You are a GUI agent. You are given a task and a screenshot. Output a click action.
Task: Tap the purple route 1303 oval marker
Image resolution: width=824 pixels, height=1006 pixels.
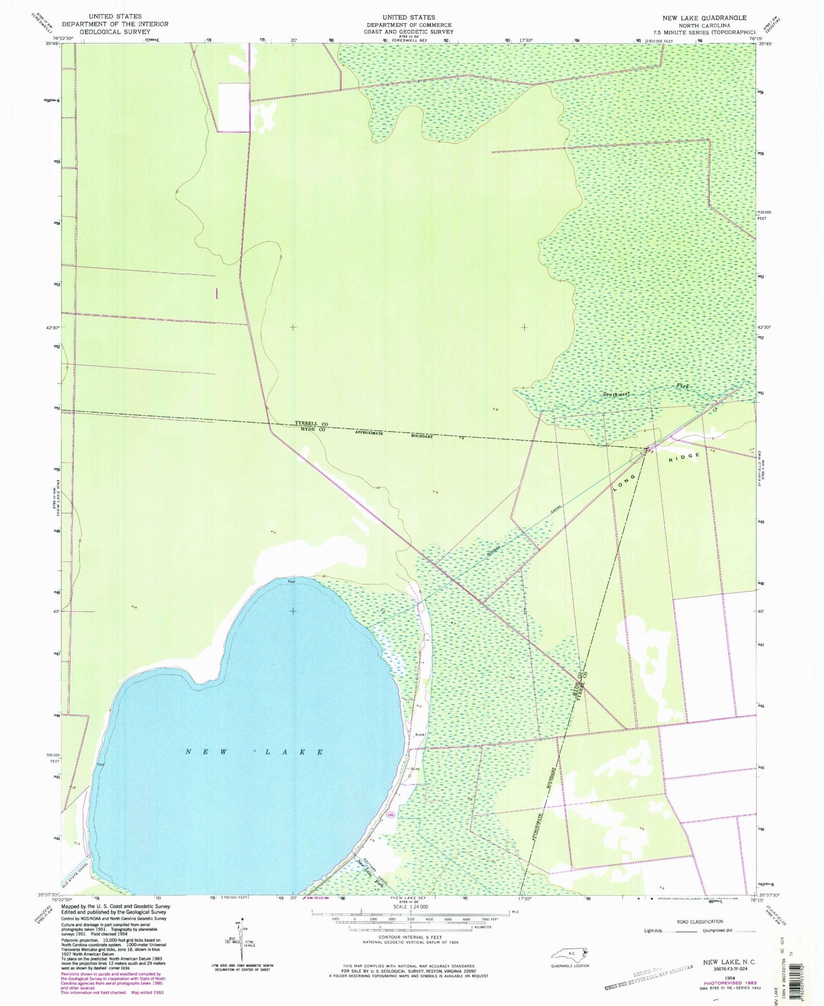tap(389, 814)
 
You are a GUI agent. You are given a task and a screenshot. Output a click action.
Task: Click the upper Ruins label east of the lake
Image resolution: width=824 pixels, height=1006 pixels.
tap(420, 734)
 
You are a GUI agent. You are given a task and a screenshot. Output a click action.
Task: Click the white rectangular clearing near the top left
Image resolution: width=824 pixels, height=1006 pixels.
tap(234, 107)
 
